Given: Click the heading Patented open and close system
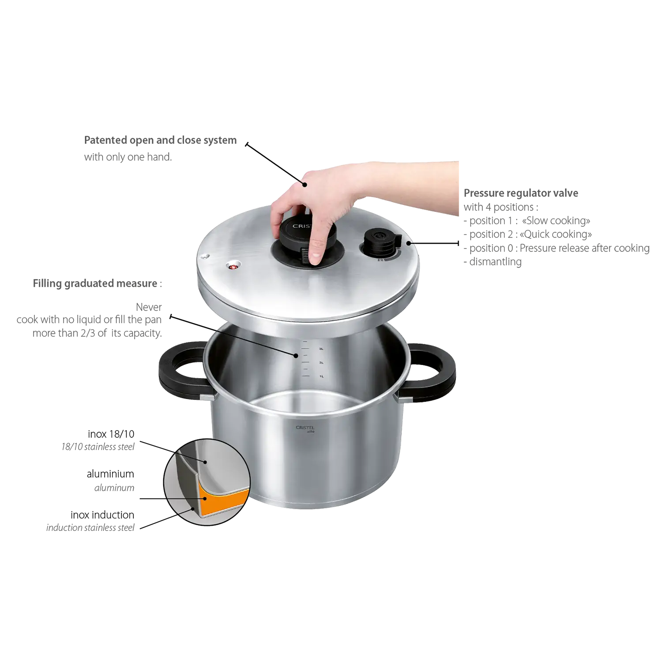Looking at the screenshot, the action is point(160,140).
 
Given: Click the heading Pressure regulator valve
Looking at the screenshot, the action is point(521,193).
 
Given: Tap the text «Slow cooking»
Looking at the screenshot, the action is point(556,221).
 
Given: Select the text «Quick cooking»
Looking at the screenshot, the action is point(556,234).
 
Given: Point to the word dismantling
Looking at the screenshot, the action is point(495,262).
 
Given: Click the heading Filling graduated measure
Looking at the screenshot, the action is point(95,283).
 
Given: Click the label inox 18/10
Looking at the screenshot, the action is point(111,434).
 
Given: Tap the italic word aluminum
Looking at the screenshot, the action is point(114,488).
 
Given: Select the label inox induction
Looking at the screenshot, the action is point(102,515).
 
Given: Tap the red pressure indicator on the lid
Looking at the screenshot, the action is point(233,266).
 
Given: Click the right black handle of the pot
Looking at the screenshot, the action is point(430,372).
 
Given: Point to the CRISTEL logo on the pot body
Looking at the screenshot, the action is point(305,429).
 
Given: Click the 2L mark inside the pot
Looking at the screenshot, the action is point(321,363).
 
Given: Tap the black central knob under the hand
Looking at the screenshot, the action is point(305,241).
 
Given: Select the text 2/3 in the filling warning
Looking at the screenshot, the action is point(87,333).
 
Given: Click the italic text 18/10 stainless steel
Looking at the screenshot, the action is point(98,447).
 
